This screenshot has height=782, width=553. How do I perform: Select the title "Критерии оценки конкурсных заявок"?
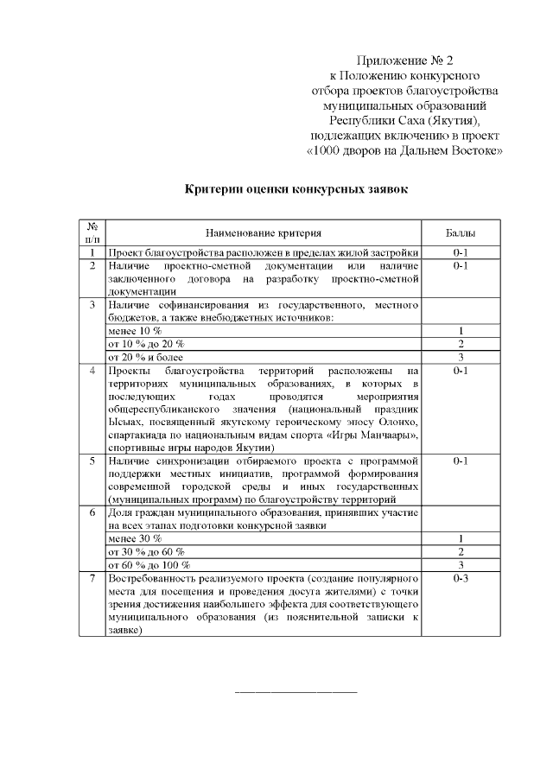[296, 189]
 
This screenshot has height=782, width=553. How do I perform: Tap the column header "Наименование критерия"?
[264, 232]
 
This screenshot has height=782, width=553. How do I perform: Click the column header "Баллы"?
[459, 232]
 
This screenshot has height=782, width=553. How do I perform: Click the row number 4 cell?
[92, 371]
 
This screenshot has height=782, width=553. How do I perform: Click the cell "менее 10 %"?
[134, 331]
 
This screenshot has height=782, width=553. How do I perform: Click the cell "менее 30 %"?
[134, 538]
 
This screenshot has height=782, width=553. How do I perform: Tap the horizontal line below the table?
[296, 692]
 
